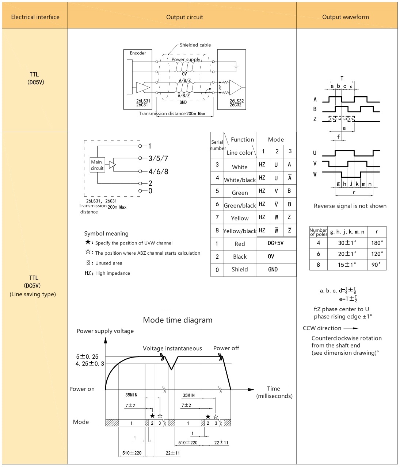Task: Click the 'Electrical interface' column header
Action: (35, 17)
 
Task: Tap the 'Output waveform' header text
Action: (346, 17)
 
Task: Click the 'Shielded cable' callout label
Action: (195, 45)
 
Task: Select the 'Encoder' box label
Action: (138, 53)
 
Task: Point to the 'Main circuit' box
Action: (97, 165)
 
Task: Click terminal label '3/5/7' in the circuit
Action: (158, 158)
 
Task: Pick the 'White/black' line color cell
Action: (240, 180)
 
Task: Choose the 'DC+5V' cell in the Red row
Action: (275, 243)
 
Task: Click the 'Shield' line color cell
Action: (240, 269)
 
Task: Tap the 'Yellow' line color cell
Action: (240, 218)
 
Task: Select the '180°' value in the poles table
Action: (377, 243)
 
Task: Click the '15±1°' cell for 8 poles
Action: (347, 265)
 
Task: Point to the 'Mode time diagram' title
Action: (178, 320)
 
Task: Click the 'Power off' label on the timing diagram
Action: (226, 348)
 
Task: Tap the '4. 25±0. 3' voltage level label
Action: (90, 363)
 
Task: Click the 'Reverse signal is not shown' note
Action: (350, 206)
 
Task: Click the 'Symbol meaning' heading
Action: (106, 233)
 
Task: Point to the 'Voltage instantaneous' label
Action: (172, 348)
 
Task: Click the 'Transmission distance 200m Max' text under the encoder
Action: (172, 113)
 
